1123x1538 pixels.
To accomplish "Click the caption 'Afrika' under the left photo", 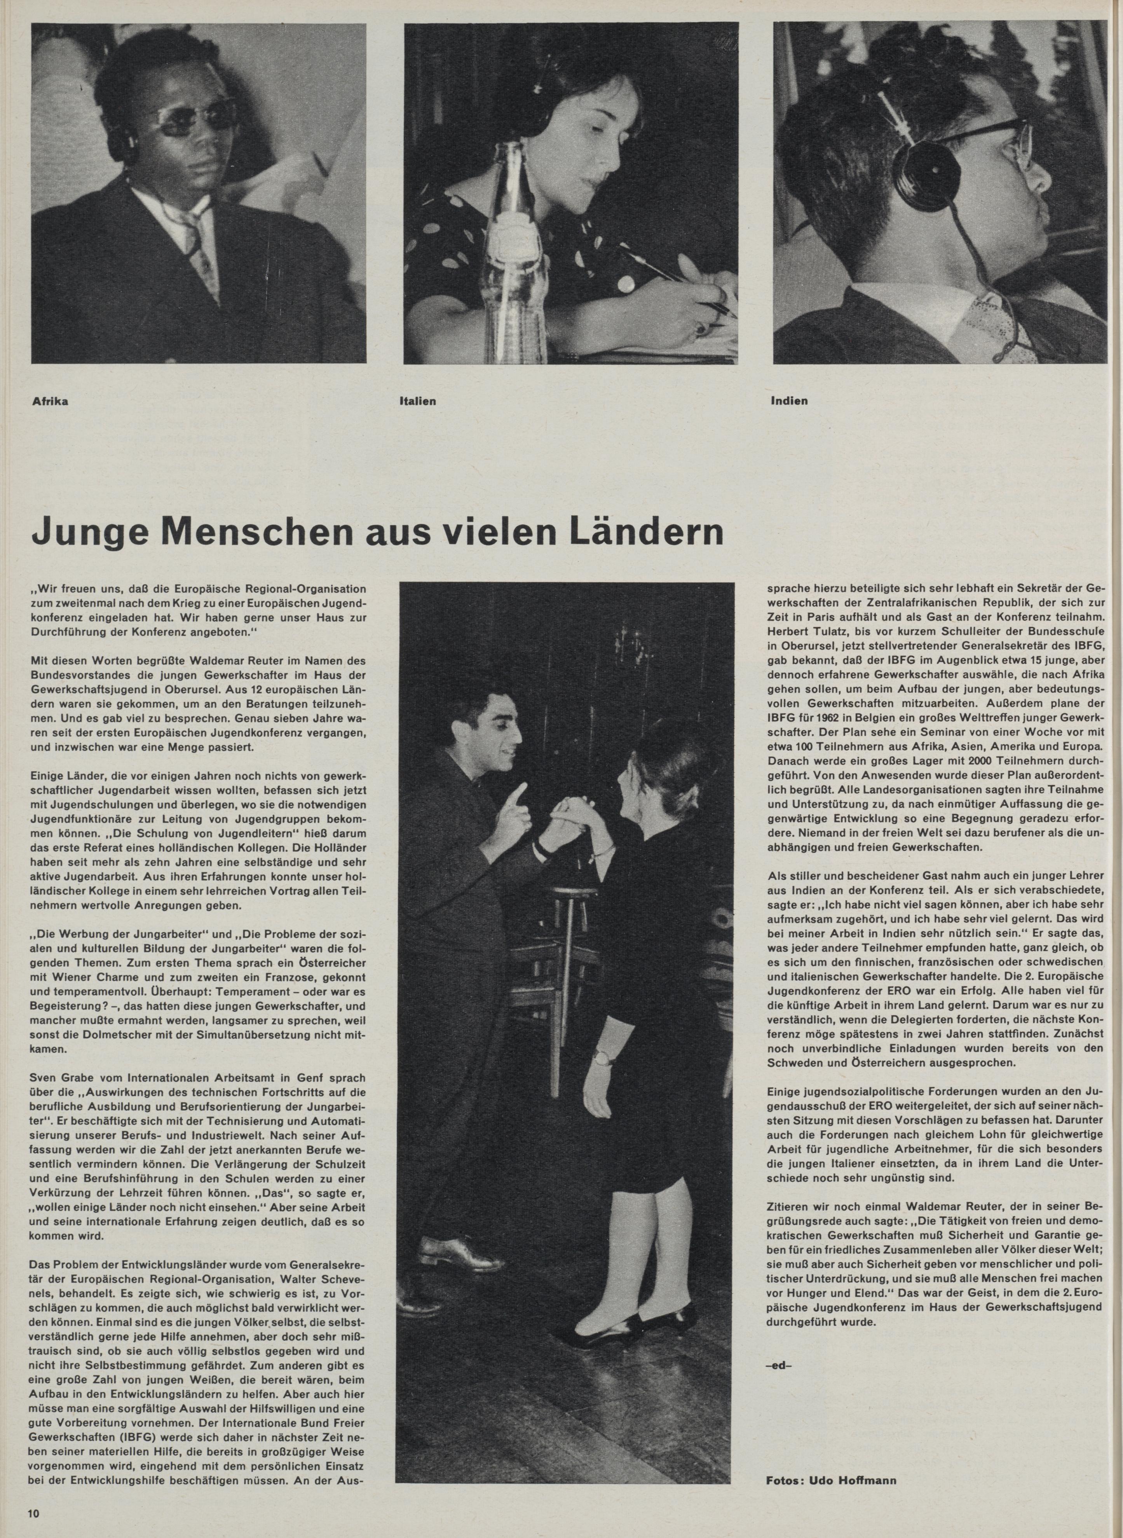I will [x=50, y=401].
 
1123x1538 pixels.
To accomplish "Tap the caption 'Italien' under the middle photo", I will [x=417, y=401].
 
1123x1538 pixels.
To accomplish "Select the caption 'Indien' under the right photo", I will [x=789, y=400].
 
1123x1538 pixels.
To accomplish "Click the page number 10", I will [x=35, y=1513].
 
